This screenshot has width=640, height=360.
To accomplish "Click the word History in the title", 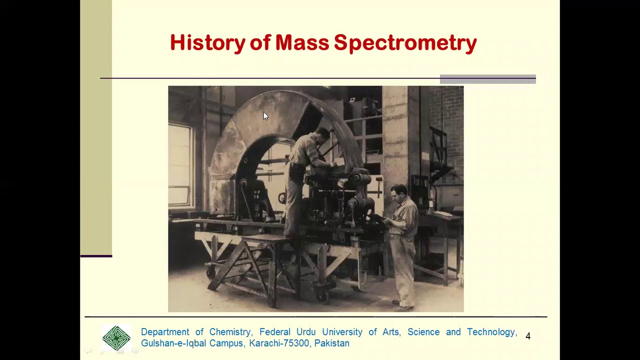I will tap(207, 43).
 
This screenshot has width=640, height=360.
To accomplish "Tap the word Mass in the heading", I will tap(301, 43).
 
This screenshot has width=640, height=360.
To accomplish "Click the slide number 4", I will tap(528, 336).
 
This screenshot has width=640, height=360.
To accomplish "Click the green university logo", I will tap(116, 338).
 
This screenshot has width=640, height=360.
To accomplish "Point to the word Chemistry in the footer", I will tap(229, 332).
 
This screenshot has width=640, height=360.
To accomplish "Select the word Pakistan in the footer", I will tap(331, 343).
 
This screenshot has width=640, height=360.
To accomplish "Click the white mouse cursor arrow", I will tap(265, 116).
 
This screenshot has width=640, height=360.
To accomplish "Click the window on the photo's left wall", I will tap(180, 165).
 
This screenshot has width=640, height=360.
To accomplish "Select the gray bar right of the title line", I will tap(487, 79).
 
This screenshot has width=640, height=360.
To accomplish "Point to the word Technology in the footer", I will tap(491, 332).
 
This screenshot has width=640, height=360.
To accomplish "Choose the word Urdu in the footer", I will tap(306, 332).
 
